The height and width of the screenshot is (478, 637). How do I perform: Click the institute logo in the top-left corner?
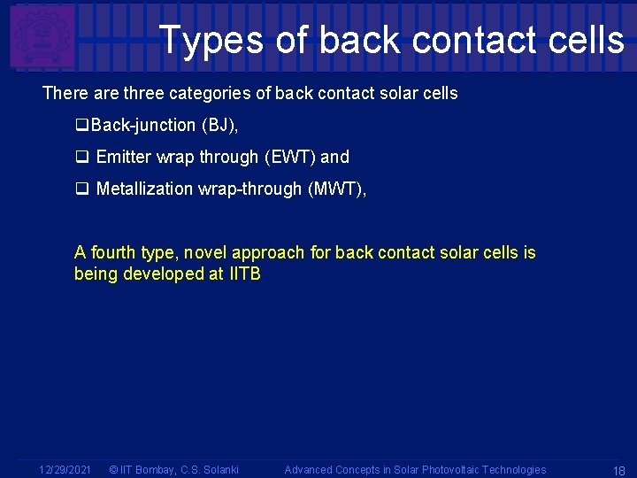point(42,37)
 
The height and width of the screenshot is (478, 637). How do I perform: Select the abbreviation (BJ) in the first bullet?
point(219,126)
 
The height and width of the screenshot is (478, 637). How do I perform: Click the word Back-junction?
point(143,126)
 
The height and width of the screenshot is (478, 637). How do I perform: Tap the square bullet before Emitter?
point(81,158)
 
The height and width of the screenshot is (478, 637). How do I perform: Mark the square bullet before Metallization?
point(81,189)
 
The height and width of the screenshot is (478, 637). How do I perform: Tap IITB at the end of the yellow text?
point(245,274)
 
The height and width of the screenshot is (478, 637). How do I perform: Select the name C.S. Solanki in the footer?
point(210,470)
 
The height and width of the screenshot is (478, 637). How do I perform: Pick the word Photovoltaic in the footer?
point(454,470)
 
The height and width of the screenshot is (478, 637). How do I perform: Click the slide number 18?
point(618,471)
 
